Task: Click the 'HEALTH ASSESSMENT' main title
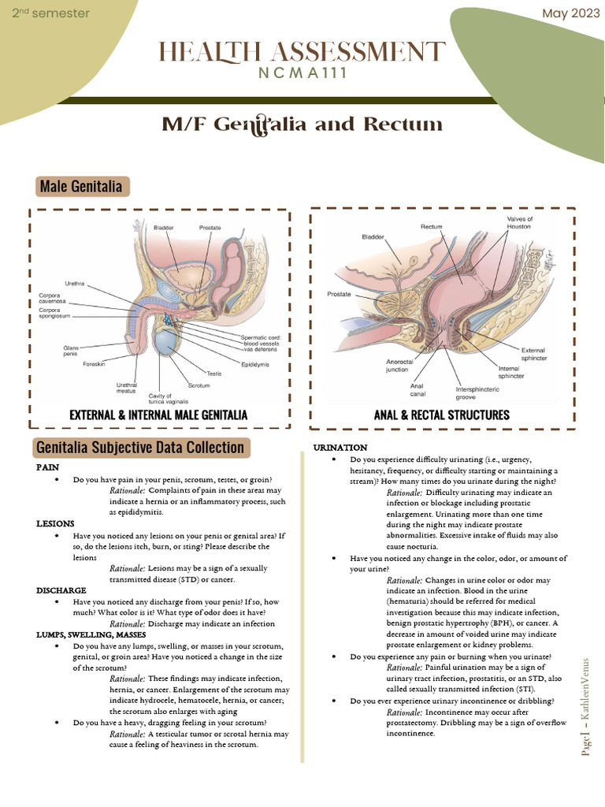pyautogui.click(x=302, y=53)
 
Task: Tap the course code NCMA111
pyautogui.click(x=302, y=73)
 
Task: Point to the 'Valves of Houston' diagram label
pyautogui.click(x=519, y=222)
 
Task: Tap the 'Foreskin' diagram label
pyautogui.click(x=95, y=363)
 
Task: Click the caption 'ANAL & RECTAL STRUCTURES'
pyautogui.click(x=442, y=415)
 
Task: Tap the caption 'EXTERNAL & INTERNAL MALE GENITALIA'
pyautogui.click(x=158, y=415)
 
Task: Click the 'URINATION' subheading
pyautogui.click(x=340, y=448)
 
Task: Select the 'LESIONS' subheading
pyautogui.click(x=56, y=523)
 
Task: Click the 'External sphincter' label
pyautogui.click(x=534, y=354)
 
